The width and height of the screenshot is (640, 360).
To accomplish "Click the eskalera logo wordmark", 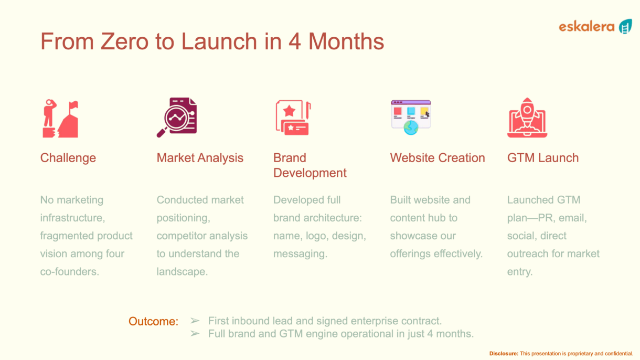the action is (x=586, y=27).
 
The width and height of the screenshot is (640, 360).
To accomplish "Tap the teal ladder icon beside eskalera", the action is (x=625, y=26).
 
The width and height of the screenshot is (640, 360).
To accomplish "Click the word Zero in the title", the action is (x=124, y=41).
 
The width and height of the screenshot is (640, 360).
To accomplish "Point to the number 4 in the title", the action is (x=295, y=41).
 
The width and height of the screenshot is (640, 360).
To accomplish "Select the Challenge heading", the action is (x=68, y=158).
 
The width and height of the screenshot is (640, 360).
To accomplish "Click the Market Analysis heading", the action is (x=200, y=158).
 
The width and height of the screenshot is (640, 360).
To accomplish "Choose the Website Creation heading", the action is (x=438, y=158).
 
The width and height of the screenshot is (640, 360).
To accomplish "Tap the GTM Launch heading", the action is (x=543, y=158).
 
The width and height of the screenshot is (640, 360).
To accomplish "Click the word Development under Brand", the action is (x=310, y=173).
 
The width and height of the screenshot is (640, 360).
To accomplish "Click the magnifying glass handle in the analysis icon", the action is (x=162, y=133).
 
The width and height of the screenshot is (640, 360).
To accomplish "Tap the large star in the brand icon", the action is (x=290, y=111).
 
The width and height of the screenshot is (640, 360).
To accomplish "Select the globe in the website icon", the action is (x=411, y=128).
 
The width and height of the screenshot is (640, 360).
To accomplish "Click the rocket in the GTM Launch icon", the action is (x=527, y=114).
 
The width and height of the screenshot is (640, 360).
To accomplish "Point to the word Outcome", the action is (x=153, y=321).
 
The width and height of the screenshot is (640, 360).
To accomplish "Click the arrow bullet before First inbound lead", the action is (x=195, y=321).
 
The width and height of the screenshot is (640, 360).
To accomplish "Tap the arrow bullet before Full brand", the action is (x=195, y=333).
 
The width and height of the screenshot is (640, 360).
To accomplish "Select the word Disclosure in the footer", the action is (x=504, y=354).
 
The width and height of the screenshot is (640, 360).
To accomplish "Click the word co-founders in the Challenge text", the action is (x=69, y=272).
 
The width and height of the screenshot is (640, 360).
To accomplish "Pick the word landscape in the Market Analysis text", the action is (x=182, y=272).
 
